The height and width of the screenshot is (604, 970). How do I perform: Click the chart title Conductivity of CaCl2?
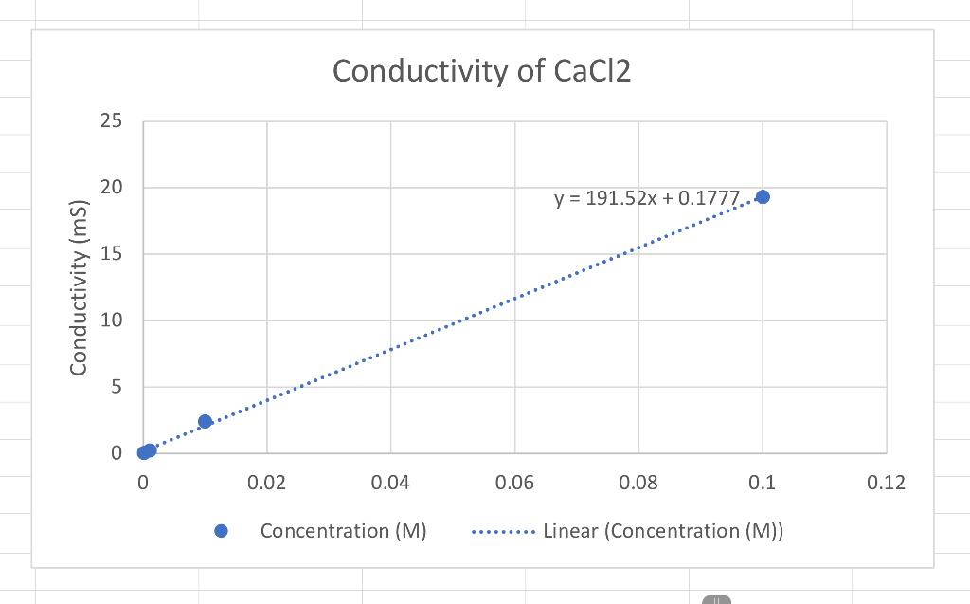[x=481, y=71]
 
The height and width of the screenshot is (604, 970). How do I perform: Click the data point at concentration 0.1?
[x=763, y=196]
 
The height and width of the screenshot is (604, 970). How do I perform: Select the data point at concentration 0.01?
[x=205, y=421]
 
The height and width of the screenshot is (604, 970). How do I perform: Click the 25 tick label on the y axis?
[x=111, y=121]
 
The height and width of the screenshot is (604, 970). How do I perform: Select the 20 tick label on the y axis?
[x=111, y=188]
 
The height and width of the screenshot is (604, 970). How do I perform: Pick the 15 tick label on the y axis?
[x=111, y=254]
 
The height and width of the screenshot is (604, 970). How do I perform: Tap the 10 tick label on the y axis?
[x=111, y=320]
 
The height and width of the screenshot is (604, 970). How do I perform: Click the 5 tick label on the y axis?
[x=116, y=387]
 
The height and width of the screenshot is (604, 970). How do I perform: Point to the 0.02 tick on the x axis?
[x=266, y=483]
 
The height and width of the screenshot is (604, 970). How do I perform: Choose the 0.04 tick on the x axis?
[x=390, y=483]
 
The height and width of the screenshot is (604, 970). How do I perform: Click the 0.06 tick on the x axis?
[x=514, y=483]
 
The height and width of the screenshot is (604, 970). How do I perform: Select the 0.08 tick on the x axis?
[x=638, y=483]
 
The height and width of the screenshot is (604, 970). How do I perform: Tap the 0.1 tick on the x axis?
[x=762, y=483]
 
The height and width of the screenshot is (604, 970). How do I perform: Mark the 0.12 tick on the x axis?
[x=886, y=483]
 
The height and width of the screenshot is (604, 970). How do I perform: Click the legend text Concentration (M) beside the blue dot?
[x=343, y=531]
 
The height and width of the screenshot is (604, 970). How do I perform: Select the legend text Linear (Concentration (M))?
[x=662, y=531]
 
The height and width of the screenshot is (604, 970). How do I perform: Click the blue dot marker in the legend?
[x=222, y=531]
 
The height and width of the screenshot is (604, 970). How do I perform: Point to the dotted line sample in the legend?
[x=503, y=531]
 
